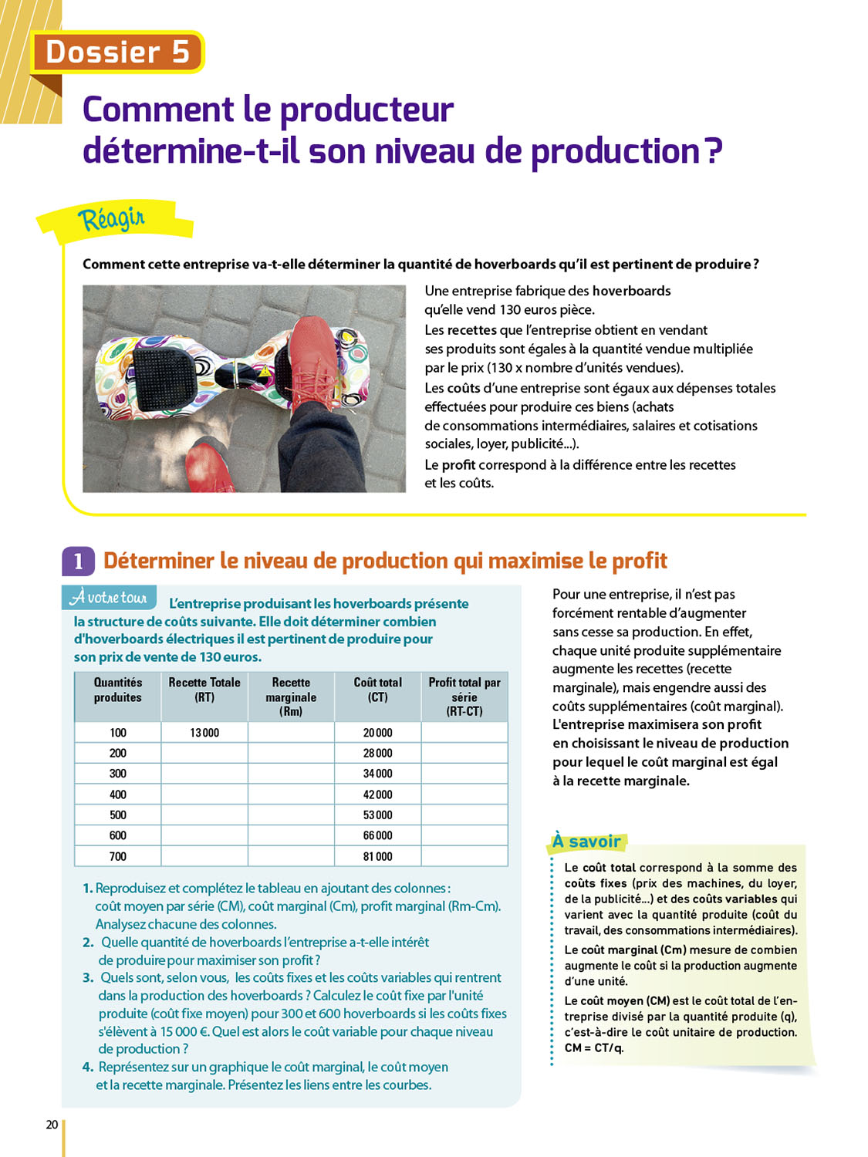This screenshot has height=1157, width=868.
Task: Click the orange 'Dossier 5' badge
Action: (117, 52)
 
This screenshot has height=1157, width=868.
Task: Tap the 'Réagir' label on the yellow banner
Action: (111, 219)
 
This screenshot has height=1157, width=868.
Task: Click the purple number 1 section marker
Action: (79, 562)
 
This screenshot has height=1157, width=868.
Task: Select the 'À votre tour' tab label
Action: (109, 597)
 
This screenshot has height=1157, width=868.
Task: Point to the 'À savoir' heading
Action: (586, 842)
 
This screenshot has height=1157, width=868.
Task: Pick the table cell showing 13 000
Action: (204, 733)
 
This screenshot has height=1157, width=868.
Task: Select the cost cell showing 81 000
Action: (377, 856)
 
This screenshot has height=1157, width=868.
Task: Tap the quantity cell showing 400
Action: (117, 794)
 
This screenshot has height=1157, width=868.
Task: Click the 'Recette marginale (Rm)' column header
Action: (291, 697)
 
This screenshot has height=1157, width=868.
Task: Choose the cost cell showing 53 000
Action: (377, 815)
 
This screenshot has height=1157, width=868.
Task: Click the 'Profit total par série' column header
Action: (464, 697)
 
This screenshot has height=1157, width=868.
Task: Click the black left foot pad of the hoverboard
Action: (162, 371)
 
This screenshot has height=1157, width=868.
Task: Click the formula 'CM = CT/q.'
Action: (594, 1048)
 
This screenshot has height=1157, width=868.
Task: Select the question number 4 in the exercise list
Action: (88, 1067)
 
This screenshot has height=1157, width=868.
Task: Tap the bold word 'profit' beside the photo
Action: (458, 465)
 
